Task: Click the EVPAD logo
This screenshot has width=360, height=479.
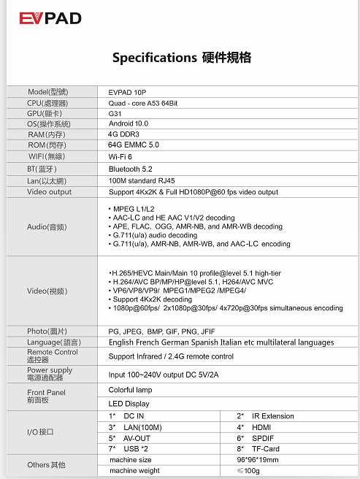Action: click(50, 18)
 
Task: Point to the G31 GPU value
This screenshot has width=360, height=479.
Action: click(115, 114)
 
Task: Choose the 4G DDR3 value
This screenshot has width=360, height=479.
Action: click(125, 134)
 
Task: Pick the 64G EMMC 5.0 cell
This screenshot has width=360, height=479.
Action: click(134, 145)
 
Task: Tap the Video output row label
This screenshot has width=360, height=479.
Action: click(50, 192)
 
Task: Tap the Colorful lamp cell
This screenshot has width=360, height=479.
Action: click(132, 391)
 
